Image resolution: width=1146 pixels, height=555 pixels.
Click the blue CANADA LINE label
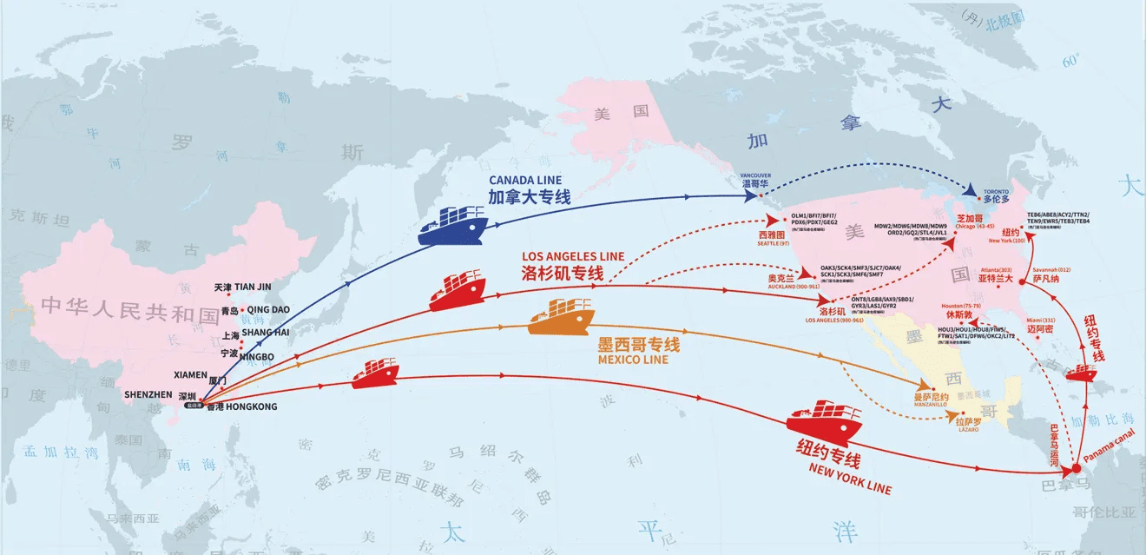click(x=525, y=180)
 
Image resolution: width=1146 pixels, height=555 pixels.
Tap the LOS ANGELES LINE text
click(x=572, y=256)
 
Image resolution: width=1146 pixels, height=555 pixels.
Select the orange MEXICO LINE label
click(x=633, y=360)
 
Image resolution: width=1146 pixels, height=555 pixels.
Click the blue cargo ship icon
click(x=454, y=226)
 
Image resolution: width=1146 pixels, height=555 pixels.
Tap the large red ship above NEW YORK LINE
click(x=823, y=423)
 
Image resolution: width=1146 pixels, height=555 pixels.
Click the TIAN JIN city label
click(x=253, y=287)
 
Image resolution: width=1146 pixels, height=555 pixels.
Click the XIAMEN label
click(x=190, y=375)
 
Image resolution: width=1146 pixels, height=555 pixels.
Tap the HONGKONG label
click(x=250, y=406)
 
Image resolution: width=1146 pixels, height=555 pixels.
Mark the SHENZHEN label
click(x=148, y=394)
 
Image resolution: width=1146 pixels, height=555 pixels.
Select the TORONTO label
click(x=997, y=190)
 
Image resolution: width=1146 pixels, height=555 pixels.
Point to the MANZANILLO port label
click(x=931, y=406)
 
